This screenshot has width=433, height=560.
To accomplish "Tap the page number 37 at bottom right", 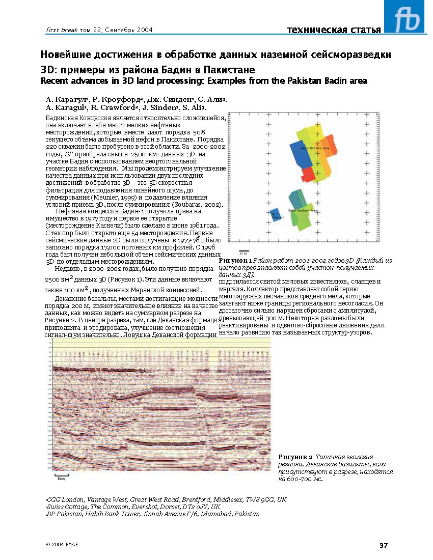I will pyautogui.click(x=384, y=546).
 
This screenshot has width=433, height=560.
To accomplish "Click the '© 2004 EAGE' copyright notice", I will pyautogui.click(x=62, y=544).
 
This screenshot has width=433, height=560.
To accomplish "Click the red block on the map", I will pyautogui.click(x=308, y=174).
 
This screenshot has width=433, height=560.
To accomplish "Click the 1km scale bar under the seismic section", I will pyautogui.click(x=61, y=477).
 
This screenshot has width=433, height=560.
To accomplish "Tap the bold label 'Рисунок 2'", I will pyautogui.click(x=295, y=457).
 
